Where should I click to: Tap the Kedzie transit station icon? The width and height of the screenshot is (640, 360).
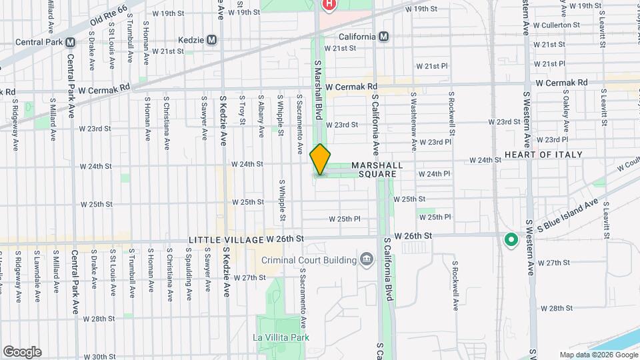tap(212, 40)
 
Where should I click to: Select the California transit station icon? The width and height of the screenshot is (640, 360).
tap(383, 37)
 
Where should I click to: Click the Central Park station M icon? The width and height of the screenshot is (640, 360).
tap(71, 41)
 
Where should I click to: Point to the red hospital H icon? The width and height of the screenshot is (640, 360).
tap(329, 5)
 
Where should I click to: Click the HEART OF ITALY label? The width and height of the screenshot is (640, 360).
tap(543, 155)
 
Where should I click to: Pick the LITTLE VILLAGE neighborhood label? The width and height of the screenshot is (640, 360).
tap(225, 239)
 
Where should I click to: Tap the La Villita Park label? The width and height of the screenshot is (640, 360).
tap(281, 337)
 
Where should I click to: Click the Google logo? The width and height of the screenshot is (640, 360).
tap(22, 351)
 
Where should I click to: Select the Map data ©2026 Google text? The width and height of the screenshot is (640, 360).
tap(599, 355)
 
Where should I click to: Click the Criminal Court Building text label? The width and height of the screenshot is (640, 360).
tap(306, 259)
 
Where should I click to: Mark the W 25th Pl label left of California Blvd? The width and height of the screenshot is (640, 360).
tap(345, 219)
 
